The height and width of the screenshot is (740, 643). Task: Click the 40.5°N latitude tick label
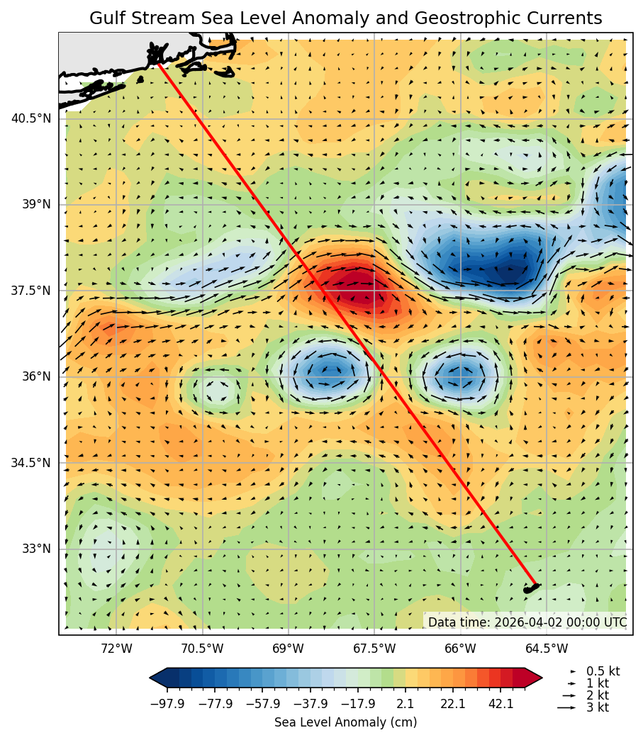(30, 118)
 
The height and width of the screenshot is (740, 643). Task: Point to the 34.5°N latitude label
(30, 463)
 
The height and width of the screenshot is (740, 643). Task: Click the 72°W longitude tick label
(116, 648)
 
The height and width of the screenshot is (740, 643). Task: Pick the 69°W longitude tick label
(288, 648)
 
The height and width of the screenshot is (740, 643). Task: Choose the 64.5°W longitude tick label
(546, 648)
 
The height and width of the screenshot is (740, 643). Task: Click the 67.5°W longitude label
(374, 648)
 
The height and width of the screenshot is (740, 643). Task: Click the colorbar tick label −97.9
(168, 703)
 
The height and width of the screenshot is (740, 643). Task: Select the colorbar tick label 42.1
(501, 703)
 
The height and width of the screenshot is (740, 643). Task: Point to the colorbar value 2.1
(406, 703)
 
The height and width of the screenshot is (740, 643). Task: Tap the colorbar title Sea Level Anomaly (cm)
(345, 722)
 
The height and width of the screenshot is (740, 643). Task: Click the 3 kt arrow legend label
(598, 707)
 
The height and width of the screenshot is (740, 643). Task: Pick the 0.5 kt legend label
(603, 671)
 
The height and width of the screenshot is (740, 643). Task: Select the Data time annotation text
(527, 622)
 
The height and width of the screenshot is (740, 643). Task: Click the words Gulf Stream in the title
(136, 18)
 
